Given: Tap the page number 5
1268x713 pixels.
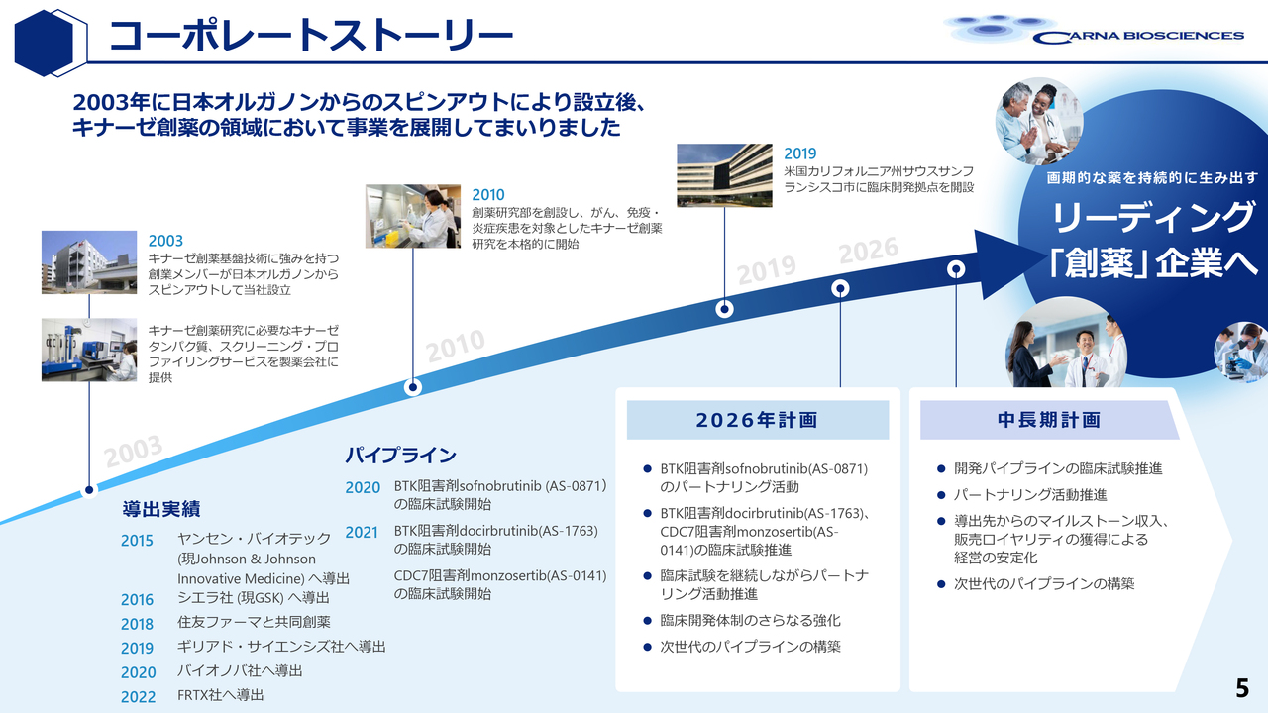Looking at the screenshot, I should tap(1241, 687).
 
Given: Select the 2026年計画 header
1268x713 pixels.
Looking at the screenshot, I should tap(757, 420).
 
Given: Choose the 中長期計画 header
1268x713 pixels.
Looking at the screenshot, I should tap(1048, 420).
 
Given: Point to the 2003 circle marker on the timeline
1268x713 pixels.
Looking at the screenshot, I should tap(90, 489).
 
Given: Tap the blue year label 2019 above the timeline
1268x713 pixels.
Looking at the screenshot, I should tap(799, 153).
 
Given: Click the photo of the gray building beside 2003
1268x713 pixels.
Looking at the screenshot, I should tap(89, 262).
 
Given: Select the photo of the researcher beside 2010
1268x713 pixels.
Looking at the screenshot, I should tap(413, 216).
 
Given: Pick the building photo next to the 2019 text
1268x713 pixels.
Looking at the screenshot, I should tap(725, 176).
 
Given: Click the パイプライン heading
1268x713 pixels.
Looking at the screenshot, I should tap(400, 456).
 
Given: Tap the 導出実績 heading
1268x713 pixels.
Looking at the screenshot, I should tap(161, 509).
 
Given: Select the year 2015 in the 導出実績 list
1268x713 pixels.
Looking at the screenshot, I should tap(138, 541).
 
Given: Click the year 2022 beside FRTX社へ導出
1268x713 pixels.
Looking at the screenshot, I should tap(138, 696).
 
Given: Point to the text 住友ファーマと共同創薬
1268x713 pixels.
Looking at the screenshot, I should tap(254, 622).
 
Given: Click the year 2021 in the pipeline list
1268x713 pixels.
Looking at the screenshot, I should tap(362, 532).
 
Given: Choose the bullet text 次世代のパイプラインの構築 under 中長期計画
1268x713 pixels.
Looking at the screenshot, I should tap(1044, 584).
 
